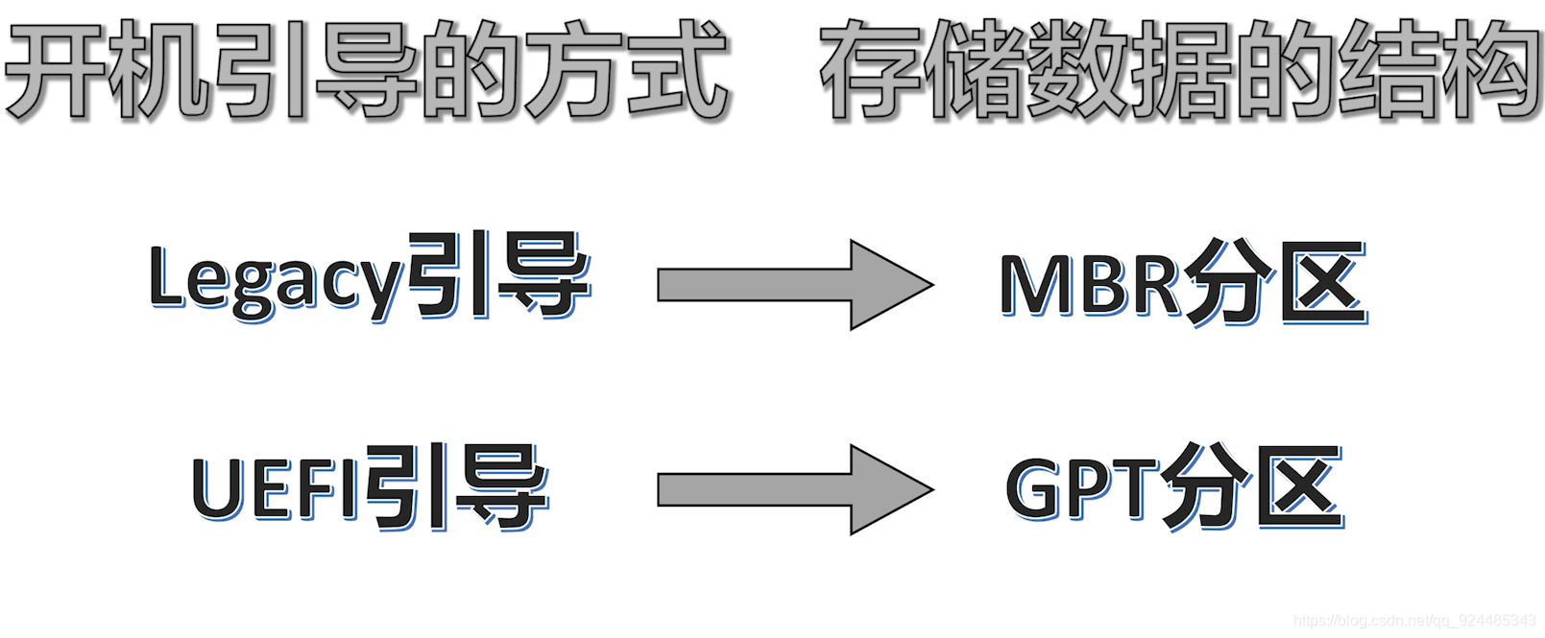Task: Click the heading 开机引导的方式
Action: click(368, 70)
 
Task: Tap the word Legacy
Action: click(276, 279)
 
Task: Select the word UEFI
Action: click(277, 487)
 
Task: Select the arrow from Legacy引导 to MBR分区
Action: click(794, 285)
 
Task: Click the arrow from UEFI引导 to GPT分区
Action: click(794, 489)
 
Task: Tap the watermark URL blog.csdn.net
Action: click(1413, 621)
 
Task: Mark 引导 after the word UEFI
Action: click(455, 486)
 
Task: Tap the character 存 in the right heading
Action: click(869, 70)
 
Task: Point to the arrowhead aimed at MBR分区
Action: click(891, 285)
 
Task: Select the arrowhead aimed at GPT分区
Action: click(891, 489)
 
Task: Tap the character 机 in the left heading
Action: click(159, 70)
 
